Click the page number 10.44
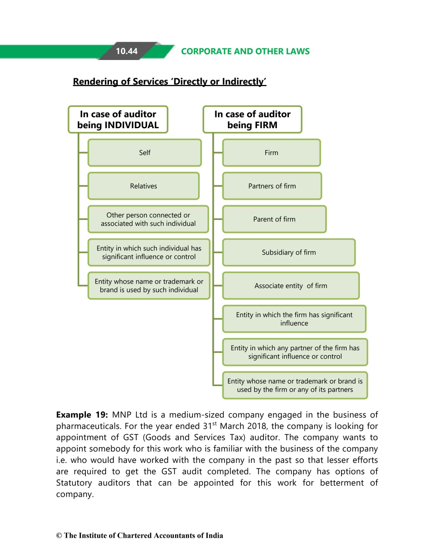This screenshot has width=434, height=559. (x=127, y=51)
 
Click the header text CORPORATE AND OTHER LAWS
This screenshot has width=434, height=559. (x=245, y=51)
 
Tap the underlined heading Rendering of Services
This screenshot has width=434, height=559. (x=169, y=82)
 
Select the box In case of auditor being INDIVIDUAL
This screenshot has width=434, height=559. (x=118, y=119)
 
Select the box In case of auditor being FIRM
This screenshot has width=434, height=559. (x=252, y=119)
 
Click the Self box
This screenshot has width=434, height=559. (x=144, y=153)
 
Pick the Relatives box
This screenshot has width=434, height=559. (x=143, y=186)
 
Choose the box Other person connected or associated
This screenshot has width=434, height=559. (x=148, y=219)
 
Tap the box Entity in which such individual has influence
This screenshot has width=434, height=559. (x=149, y=252)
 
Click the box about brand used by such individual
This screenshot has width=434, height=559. (x=149, y=285)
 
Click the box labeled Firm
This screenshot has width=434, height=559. (x=271, y=153)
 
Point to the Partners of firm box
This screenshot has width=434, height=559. (x=272, y=186)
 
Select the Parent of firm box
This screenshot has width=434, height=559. (x=274, y=219)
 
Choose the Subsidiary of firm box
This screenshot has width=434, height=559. (x=289, y=252)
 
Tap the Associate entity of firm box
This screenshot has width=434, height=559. (x=291, y=285)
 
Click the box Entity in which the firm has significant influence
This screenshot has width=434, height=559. (x=294, y=319)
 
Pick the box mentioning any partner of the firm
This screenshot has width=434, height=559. (x=295, y=352)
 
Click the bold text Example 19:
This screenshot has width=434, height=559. (x=82, y=415)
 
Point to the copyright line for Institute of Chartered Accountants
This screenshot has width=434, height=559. (x=140, y=536)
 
